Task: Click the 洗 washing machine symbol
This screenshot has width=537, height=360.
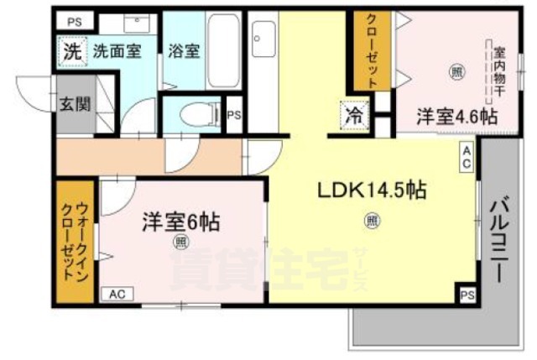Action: (74, 50)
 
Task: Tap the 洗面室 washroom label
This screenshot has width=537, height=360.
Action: (117, 50)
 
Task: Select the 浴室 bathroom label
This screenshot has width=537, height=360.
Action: (184, 50)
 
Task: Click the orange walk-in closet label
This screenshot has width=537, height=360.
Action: (75, 242)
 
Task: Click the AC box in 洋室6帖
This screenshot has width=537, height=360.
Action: (117, 294)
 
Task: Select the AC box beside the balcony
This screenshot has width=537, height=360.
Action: (466, 155)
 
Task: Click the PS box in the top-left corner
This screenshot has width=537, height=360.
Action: (76, 18)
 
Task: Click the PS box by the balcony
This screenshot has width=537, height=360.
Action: (467, 295)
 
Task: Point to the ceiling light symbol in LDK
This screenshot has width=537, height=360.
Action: (369, 222)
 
